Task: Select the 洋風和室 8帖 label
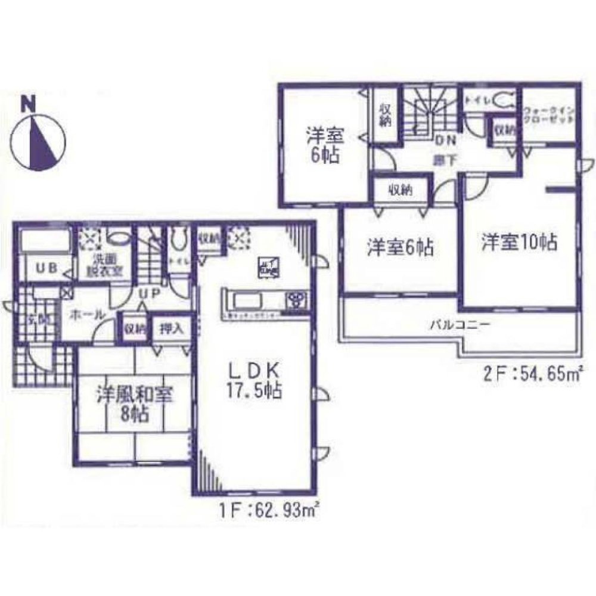[x=133, y=403]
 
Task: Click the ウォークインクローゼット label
[x=550, y=115]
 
